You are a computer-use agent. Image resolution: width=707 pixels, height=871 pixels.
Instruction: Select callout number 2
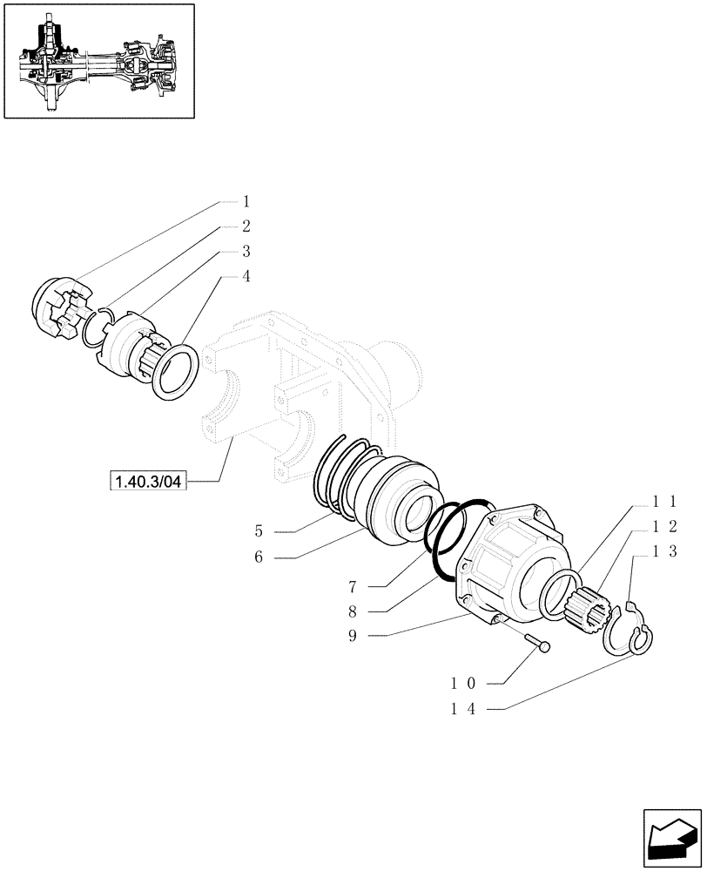coord(246,226)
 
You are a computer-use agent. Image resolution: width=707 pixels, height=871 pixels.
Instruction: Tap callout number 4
coord(246,277)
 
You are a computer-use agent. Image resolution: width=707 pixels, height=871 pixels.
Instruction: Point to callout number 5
coord(259,530)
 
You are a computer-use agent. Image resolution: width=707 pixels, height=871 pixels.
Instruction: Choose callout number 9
coord(352,637)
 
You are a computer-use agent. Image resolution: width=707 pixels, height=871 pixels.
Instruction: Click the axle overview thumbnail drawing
coord(98,60)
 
